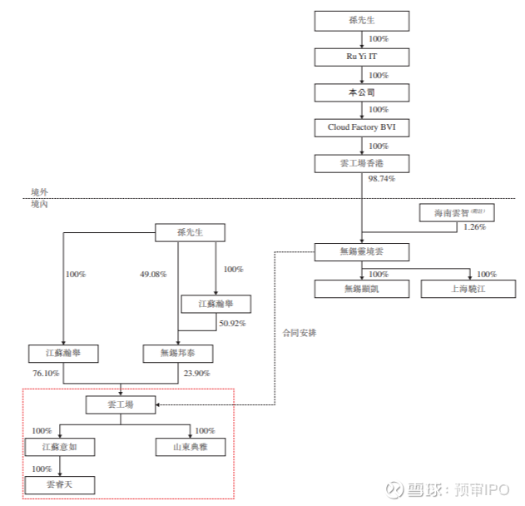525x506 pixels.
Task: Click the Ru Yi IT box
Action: [x=362, y=57]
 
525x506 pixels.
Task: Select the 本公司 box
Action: [x=362, y=92]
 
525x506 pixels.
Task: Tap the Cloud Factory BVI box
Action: [x=362, y=127]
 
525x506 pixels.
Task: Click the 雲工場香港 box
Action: [x=362, y=163]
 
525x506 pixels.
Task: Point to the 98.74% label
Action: [x=381, y=179]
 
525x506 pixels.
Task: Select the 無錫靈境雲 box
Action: [x=362, y=251]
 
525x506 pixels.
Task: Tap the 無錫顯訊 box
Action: [x=362, y=289]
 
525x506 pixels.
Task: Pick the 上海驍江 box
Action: [x=468, y=289]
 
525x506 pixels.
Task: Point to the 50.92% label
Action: [x=232, y=322]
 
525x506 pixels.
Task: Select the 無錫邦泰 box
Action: [x=178, y=354]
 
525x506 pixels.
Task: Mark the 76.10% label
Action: [x=45, y=373]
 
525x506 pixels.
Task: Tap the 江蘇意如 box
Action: [x=58, y=448]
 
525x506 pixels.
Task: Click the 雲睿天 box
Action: [x=58, y=484]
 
